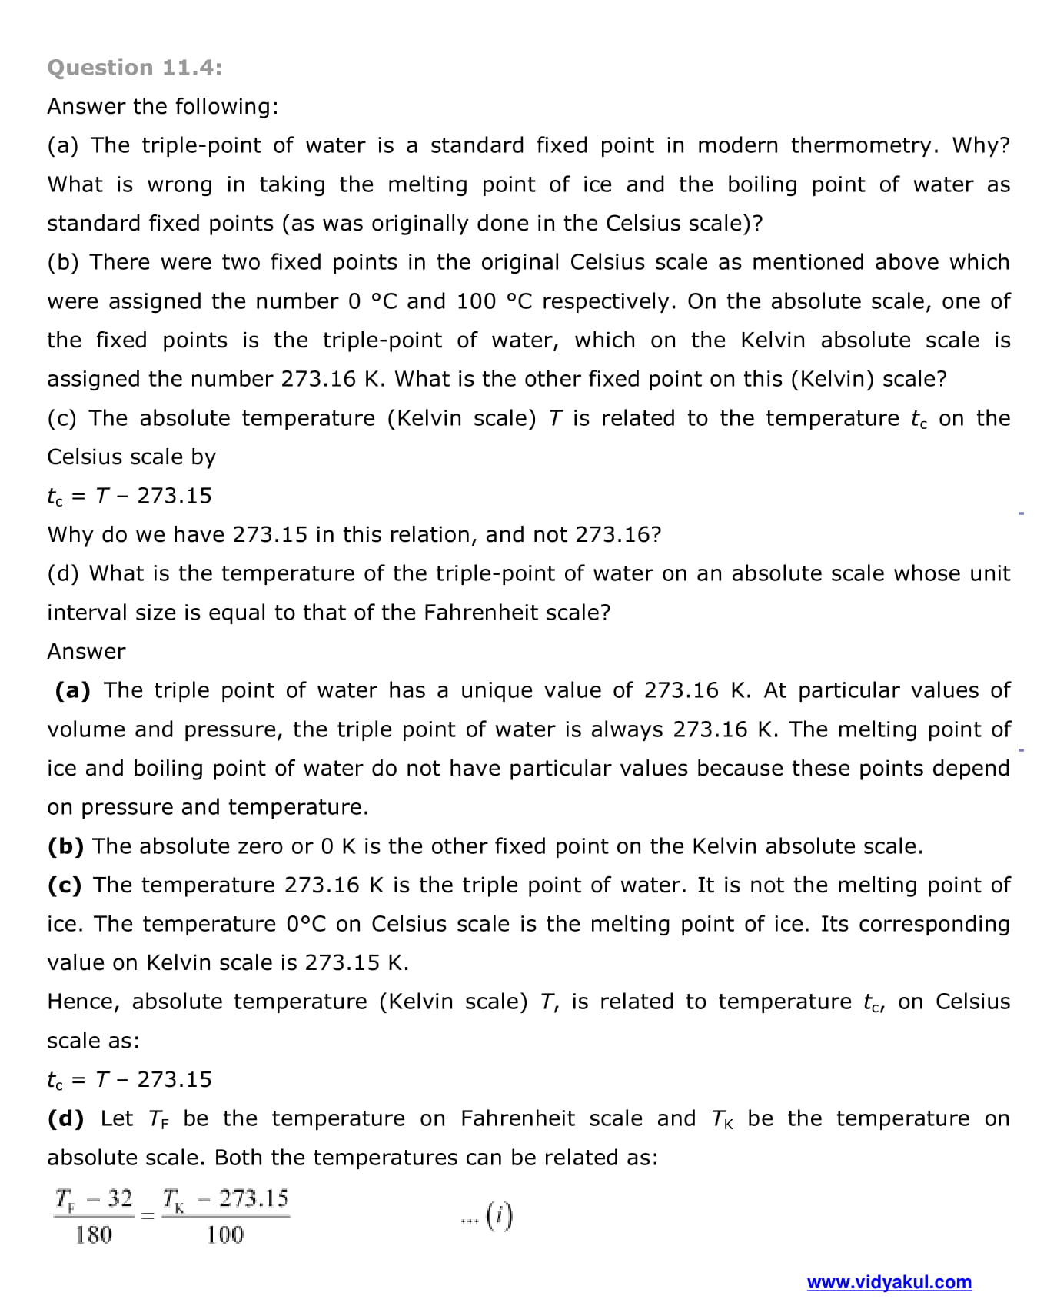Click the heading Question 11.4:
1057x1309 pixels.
135,68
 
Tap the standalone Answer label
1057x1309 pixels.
86,651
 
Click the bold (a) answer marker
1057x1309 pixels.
73,690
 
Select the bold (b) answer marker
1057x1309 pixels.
65,846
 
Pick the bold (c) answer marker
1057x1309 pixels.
65,885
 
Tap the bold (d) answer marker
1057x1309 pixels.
66,1118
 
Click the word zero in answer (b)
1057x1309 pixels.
260,846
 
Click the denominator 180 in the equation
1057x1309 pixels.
93,1234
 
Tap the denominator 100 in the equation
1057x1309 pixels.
224,1234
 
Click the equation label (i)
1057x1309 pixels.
500,1216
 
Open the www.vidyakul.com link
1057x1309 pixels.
889,1282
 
